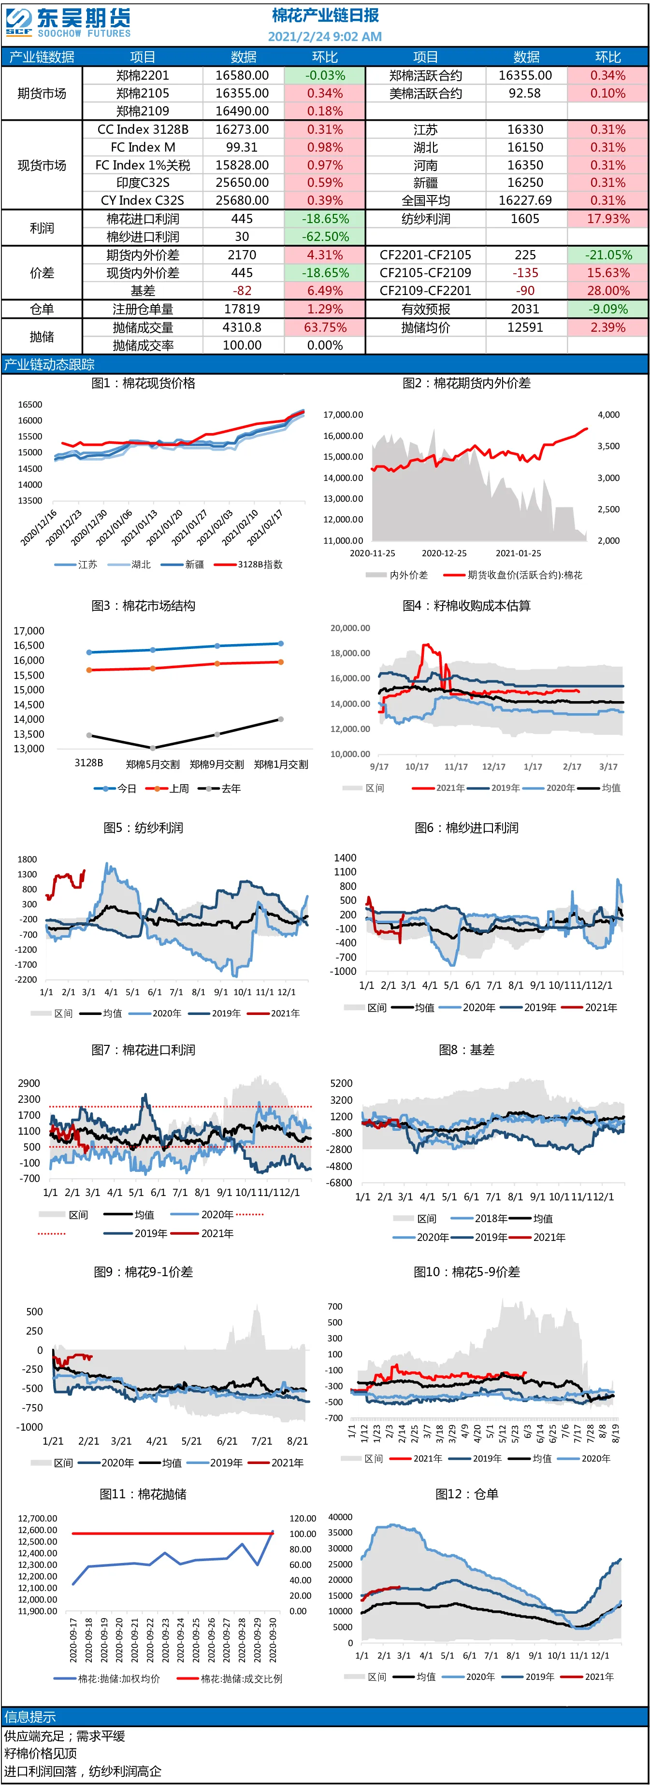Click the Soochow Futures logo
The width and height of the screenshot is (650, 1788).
point(68,22)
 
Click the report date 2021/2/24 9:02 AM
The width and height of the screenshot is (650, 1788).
point(325,36)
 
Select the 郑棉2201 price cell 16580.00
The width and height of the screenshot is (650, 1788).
point(242,75)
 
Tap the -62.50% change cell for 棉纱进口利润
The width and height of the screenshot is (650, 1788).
point(325,237)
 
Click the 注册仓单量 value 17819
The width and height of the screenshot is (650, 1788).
point(242,309)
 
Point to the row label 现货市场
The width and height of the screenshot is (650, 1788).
point(42,165)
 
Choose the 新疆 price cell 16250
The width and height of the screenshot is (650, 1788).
point(525,183)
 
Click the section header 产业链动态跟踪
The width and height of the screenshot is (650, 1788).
point(49,365)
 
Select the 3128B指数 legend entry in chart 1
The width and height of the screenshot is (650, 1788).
point(248,564)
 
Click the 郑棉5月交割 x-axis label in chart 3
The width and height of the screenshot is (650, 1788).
point(153,764)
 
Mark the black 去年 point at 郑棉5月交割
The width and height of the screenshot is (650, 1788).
point(153,747)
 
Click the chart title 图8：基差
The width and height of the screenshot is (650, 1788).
point(467,1050)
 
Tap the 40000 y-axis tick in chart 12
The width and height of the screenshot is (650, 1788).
point(340,1517)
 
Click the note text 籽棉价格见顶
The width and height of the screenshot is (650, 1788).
point(40,1753)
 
